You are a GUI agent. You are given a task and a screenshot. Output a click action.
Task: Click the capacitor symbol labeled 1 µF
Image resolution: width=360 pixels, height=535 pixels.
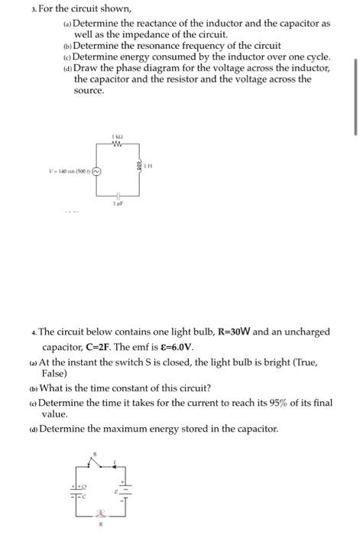(x=118, y=195)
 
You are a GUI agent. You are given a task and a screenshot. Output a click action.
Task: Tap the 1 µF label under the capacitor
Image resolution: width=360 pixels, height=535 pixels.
(x=118, y=204)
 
